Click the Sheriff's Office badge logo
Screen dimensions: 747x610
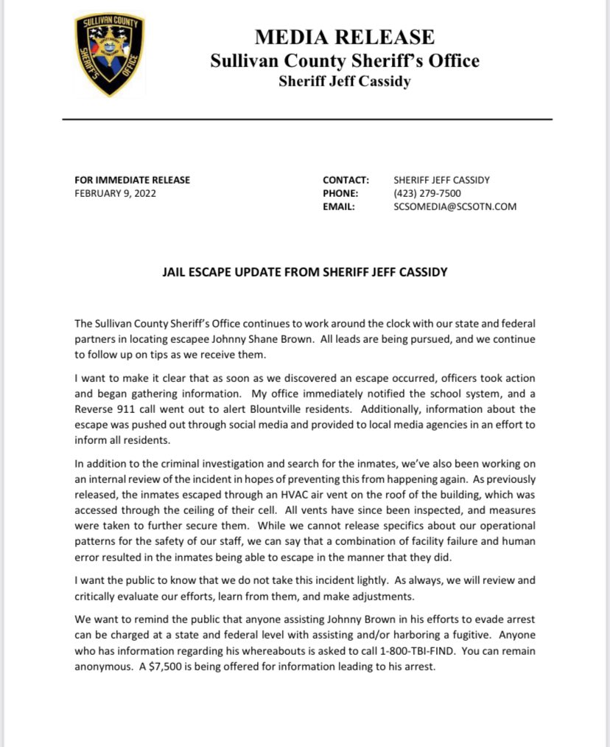click(110, 55)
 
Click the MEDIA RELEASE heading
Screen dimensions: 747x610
click(344, 36)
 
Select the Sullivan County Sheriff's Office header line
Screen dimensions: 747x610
click(344, 60)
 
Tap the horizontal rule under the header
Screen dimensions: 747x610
click(306, 119)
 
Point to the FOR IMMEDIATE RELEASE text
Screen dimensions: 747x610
click(132, 180)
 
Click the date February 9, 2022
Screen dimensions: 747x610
click(115, 193)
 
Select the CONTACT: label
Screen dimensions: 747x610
click(345, 180)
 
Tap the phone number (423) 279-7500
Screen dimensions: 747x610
click(427, 193)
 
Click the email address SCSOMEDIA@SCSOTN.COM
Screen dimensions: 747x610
click(455, 207)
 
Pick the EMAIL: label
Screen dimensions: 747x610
click(339, 207)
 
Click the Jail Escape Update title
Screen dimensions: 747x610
click(304, 272)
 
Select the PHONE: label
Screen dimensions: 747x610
click(340, 193)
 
